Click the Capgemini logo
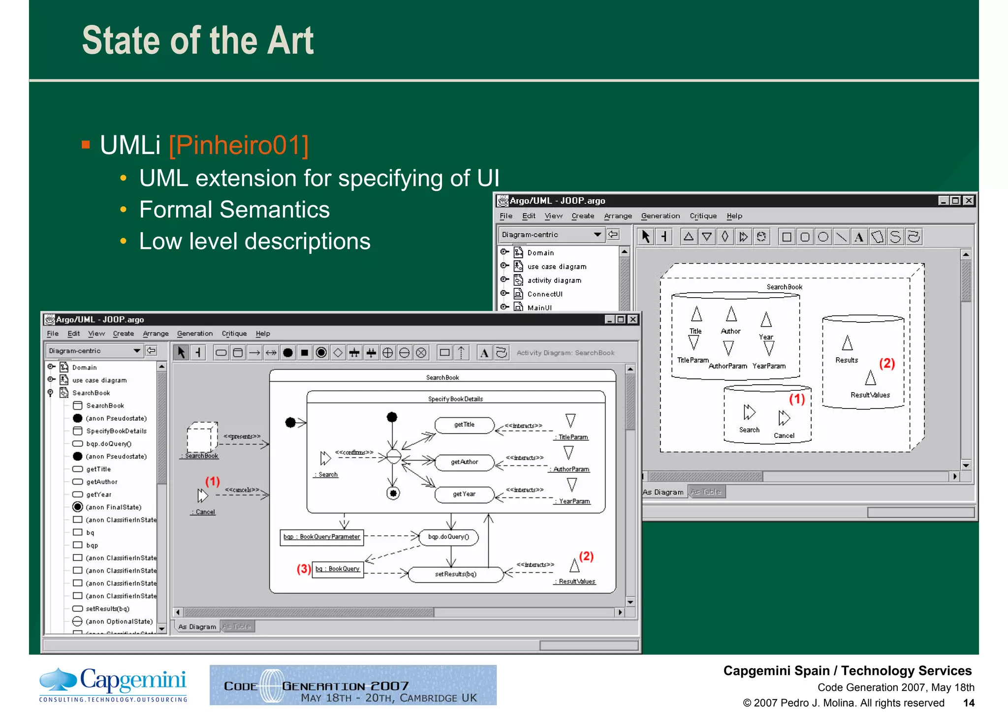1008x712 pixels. (x=113, y=684)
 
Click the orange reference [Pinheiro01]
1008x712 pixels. (x=239, y=146)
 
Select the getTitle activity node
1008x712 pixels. (x=464, y=425)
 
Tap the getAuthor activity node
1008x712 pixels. (x=464, y=462)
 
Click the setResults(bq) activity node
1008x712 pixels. (x=456, y=574)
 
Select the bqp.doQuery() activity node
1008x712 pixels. (x=448, y=537)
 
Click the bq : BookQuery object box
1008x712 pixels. (x=338, y=569)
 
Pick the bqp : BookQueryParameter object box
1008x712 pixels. (x=322, y=537)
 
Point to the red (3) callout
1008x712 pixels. (x=303, y=569)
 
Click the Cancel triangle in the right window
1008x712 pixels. (x=784, y=419)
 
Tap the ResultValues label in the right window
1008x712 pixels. (x=870, y=395)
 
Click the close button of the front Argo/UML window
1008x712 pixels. (x=633, y=319)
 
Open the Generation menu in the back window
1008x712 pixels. (x=660, y=216)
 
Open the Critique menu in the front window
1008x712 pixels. (x=234, y=334)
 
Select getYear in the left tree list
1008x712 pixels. (x=98, y=495)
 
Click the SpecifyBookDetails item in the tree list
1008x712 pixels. (x=116, y=431)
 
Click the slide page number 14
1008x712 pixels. (x=969, y=703)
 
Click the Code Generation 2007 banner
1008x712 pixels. (x=352, y=685)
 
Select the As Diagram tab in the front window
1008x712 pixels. (x=197, y=627)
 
